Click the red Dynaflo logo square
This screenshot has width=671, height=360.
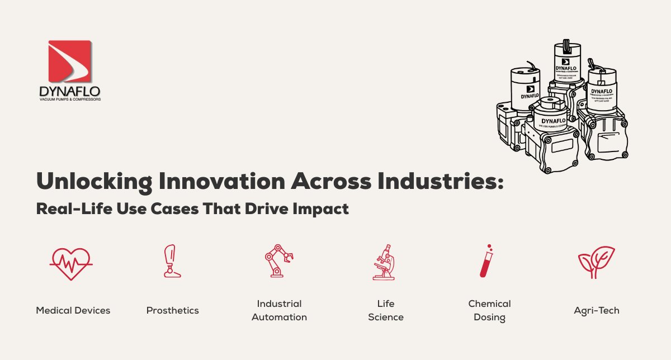[70, 60]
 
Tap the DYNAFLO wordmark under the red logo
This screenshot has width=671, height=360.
[70, 91]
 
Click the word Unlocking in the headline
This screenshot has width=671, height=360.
[92, 183]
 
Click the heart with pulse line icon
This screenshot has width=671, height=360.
[72, 262]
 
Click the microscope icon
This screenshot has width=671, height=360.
[385, 261]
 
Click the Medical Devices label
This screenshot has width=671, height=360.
[73, 310]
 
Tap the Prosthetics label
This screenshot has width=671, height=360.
[172, 310]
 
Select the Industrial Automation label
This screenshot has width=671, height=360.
[279, 310]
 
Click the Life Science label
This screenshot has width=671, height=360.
[385, 310]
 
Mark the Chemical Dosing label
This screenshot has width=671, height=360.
[489, 310]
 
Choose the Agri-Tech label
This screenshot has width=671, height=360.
[597, 310]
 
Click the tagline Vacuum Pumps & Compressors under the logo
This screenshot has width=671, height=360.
[70, 99]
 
